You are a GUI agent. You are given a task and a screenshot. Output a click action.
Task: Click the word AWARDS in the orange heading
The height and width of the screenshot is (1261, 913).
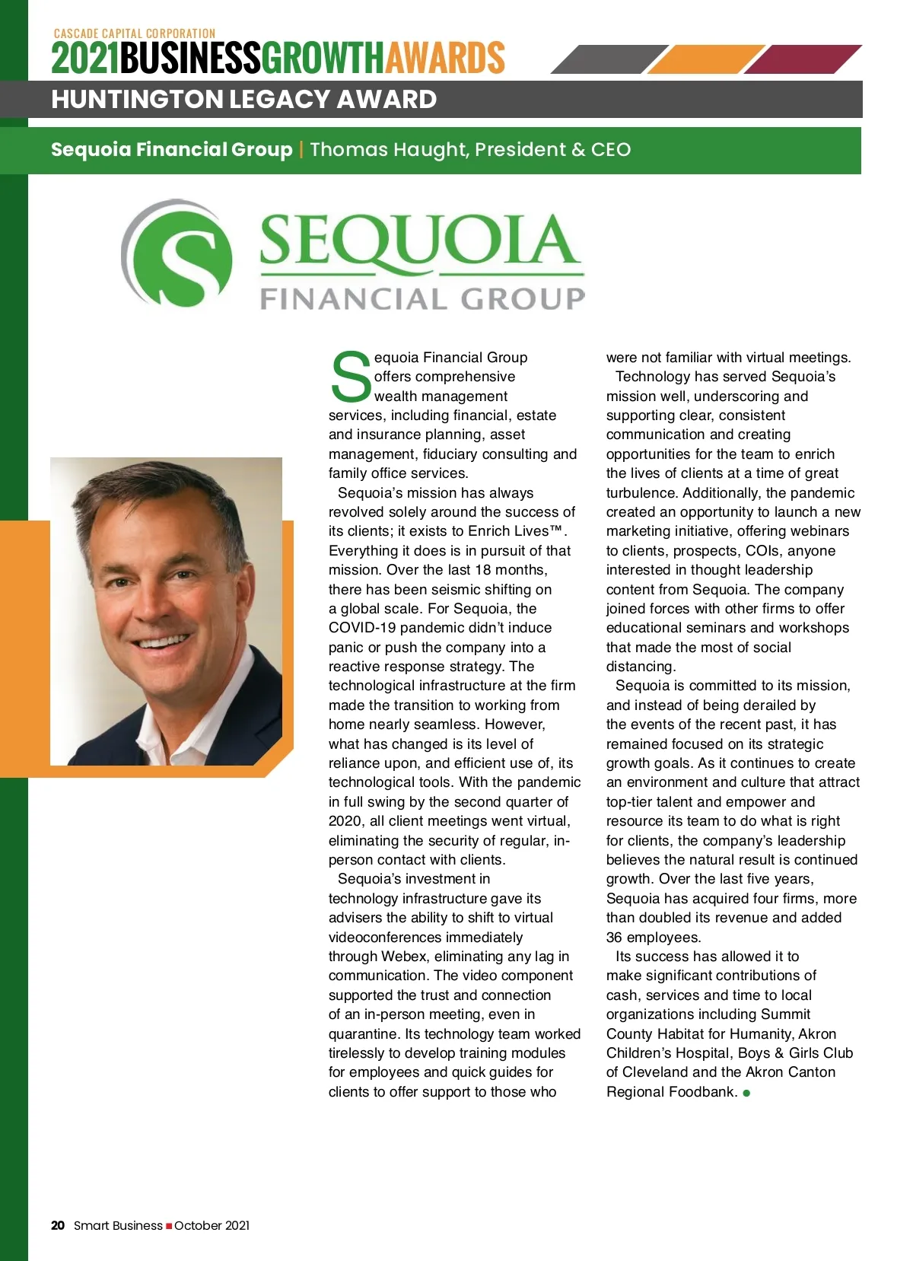445,58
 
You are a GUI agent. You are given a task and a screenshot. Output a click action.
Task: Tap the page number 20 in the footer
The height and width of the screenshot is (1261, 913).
58,1225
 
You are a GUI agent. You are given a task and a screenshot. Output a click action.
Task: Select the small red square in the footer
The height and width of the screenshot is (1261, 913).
169,1226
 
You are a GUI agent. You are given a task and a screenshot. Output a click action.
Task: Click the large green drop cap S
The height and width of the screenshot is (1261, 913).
351,377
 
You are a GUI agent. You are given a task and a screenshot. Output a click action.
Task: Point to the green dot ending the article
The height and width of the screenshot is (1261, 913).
747,1093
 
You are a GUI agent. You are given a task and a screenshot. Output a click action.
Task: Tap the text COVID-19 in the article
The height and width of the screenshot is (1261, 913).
362,628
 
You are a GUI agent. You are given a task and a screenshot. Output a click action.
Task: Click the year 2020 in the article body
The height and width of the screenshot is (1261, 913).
345,821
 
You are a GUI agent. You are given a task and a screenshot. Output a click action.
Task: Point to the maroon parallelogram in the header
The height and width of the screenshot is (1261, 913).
802,59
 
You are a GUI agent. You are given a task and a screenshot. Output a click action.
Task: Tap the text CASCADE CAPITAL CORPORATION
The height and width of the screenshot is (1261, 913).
135,33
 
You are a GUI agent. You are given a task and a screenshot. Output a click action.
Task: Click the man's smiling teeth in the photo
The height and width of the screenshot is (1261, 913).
162,641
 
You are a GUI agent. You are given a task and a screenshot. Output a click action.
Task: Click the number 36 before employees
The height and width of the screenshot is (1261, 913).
614,938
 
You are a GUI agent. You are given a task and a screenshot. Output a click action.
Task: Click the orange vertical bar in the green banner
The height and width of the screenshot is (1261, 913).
301,149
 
